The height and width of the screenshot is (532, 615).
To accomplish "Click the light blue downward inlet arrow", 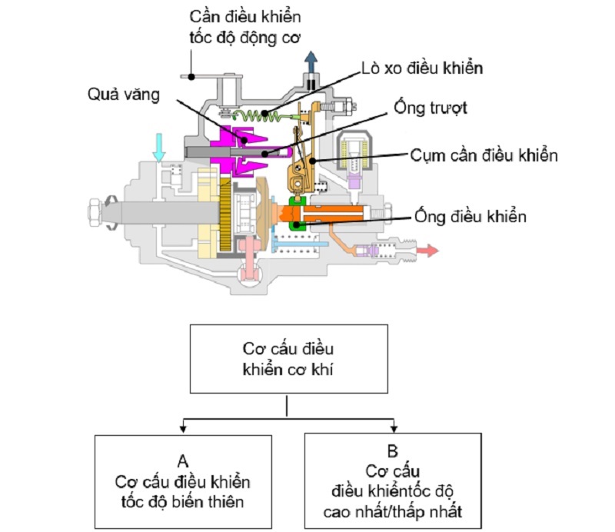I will click(x=159, y=145).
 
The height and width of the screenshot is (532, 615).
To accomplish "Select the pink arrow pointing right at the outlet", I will click(x=427, y=251).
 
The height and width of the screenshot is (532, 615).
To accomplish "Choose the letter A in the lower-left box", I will click(x=183, y=461).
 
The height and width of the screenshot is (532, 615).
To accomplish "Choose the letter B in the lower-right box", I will click(x=394, y=452).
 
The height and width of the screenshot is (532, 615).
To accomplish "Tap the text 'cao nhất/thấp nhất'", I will click(x=395, y=510).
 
